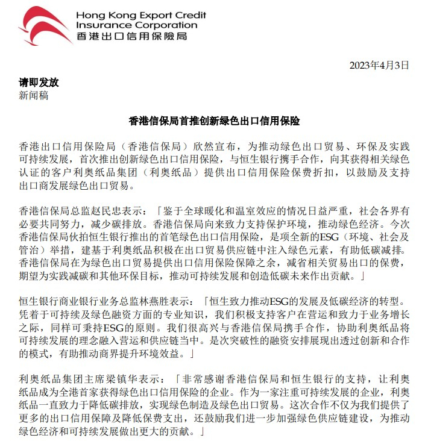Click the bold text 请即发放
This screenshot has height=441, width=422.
coord(39,83)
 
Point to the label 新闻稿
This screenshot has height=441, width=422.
coord(34,95)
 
